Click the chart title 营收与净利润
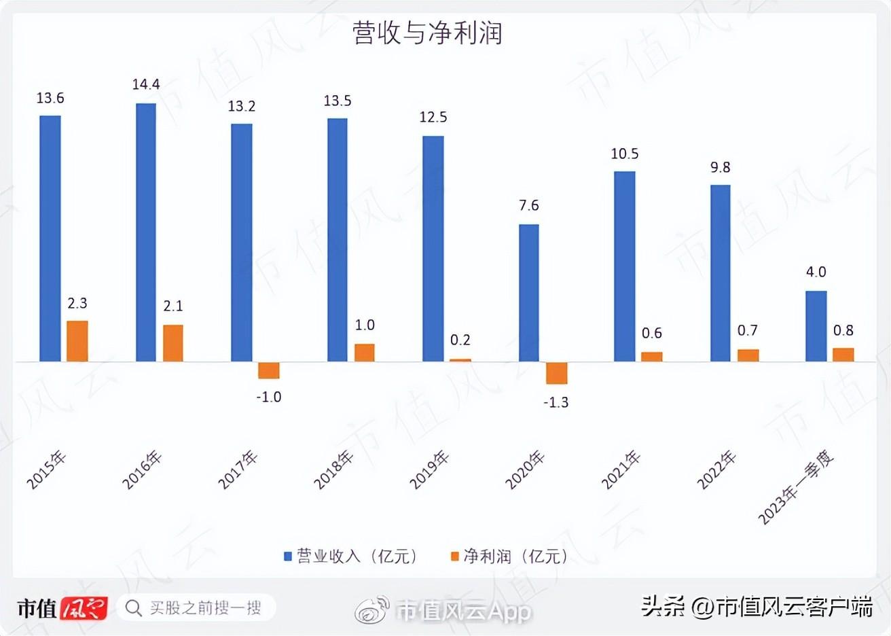click(427, 33)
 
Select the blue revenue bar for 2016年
click(146, 232)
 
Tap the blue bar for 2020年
click(528, 292)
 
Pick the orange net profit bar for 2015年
click(77, 340)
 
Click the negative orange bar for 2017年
click(269, 370)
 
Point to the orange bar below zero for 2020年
click(556, 373)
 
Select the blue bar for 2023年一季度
click(816, 325)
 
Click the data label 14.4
click(146, 84)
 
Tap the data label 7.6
click(528, 205)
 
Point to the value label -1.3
click(556, 402)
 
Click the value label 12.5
click(433, 117)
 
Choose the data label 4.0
click(816, 272)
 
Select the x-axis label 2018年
click(333, 470)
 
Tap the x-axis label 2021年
click(621, 470)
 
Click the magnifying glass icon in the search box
click(134, 607)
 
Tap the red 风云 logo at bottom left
click(84, 607)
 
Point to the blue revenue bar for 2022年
click(720, 272)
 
